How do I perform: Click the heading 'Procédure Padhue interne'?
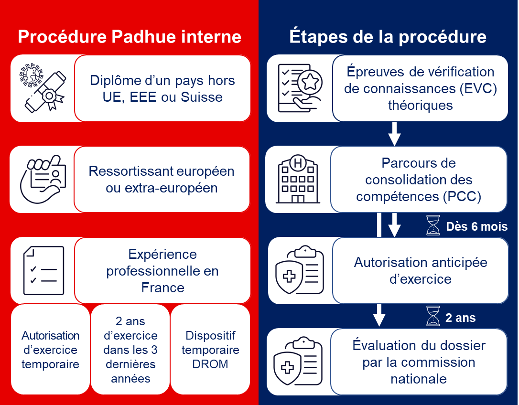tap(130, 37)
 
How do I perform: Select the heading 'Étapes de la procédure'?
tap(388, 37)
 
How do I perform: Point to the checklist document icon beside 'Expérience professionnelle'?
tap(43, 270)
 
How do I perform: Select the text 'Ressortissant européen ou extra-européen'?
tap(162, 179)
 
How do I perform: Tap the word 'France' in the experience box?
tap(162, 288)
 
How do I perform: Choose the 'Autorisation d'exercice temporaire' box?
tap(50, 350)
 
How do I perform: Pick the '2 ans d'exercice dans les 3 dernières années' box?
tap(130, 350)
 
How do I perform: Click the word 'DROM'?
tap(210, 364)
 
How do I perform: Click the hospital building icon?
tap(298, 180)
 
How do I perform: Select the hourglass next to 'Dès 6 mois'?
tap(433, 225)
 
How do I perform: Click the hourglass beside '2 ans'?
tap(433, 316)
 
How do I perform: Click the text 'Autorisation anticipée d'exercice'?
tap(421, 270)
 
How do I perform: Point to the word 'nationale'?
tap(419, 379)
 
